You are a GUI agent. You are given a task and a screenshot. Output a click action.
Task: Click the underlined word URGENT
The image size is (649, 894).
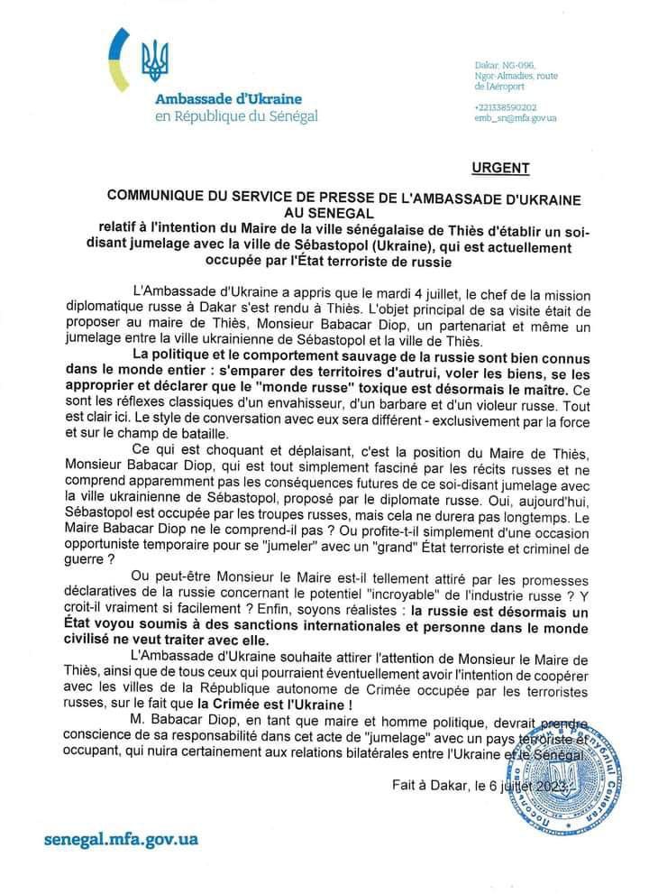pos(500,168)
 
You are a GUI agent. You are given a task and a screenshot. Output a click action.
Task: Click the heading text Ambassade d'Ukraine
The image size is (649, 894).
pos(228,98)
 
